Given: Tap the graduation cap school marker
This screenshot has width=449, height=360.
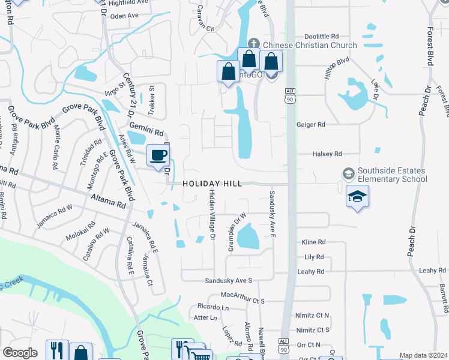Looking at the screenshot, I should tap(357, 196).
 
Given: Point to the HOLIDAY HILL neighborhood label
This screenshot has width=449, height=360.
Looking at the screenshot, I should tap(212, 184).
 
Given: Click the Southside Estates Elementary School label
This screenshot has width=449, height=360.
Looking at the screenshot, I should tap(392, 175).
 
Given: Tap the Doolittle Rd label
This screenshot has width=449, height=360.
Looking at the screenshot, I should tap(322, 36).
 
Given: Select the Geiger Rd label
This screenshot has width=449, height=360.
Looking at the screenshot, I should tap(310, 125).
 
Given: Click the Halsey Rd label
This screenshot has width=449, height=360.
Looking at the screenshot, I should tap(327, 154).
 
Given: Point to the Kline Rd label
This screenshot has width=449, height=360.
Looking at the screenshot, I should tap(313, 242).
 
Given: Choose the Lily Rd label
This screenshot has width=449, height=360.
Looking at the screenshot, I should tap(314, 257).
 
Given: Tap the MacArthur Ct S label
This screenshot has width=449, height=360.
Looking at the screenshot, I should tap(243, 295).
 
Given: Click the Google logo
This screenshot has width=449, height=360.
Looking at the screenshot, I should tap(20, 353).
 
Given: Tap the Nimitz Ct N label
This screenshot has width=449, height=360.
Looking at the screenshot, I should tap(313, 315).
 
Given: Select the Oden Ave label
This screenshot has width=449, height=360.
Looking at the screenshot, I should tap(124, 16).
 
